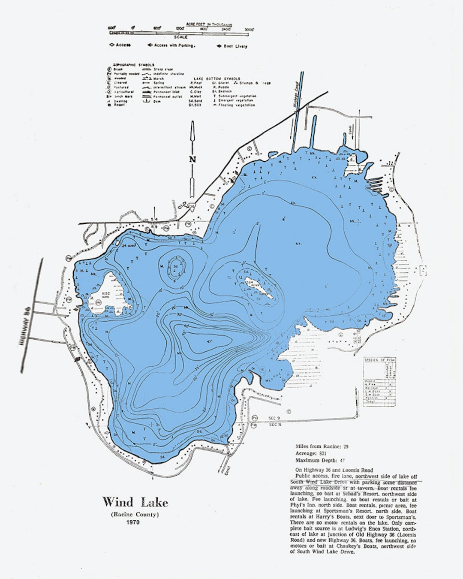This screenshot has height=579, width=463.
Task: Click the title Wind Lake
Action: click(x=135, y=502)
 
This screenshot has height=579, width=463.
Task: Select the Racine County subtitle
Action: click(x=135, y=514)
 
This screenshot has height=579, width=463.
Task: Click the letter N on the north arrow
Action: click(x=192, y=159)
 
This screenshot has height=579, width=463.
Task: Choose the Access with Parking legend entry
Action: click(x=173, y=45)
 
